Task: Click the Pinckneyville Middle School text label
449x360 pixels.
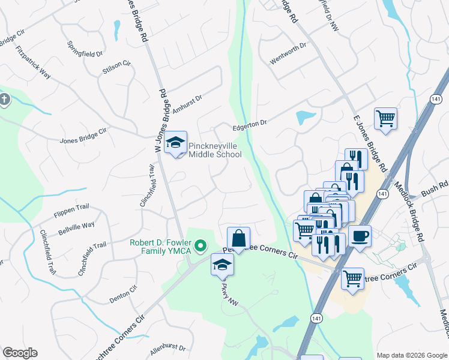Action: [215, 150]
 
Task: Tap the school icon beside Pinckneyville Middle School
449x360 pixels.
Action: [176, 142]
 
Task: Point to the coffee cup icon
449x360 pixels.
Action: [360, 236]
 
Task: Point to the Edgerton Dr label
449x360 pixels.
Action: [250, 127]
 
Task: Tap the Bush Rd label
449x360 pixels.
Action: [435, 190]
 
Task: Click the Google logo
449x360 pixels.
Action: [20, 353]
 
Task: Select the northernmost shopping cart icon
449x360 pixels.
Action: [385, 118]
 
